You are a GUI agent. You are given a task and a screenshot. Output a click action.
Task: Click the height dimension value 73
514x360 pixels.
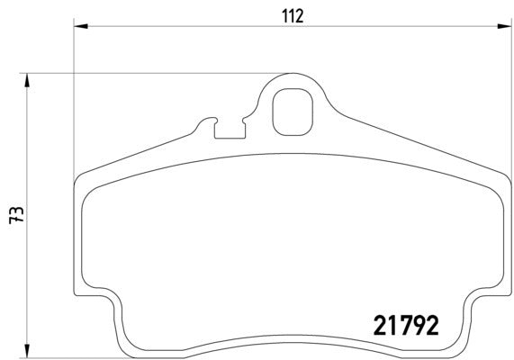pos(15,213)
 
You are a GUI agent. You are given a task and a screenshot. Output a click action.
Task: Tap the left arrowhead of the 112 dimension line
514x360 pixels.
pos(78,28)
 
